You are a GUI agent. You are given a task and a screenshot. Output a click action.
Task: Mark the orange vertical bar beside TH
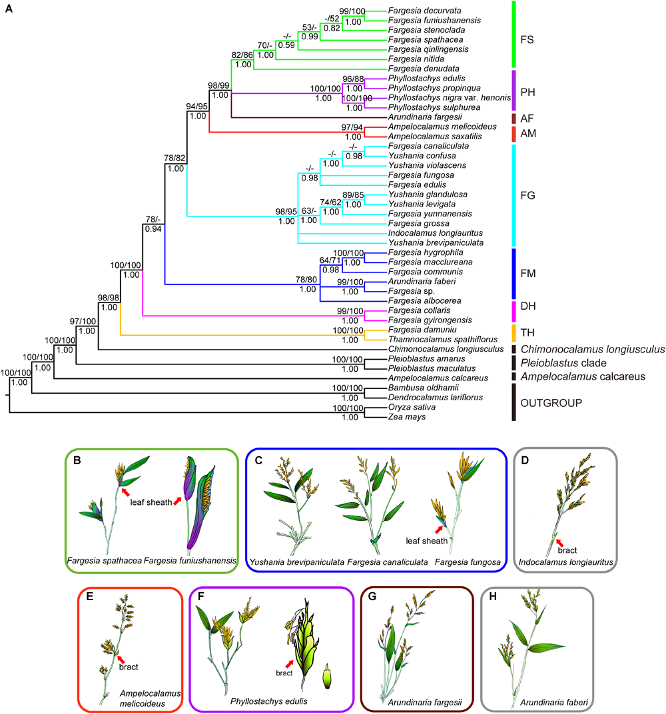pyautogui.click(x=513, y=330)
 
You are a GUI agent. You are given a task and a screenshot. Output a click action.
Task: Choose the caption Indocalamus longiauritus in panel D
pyautogui.click(x=567, y=563)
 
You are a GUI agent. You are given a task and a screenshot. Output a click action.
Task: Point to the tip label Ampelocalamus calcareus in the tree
pyautogui.click(x=430, y=378)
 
